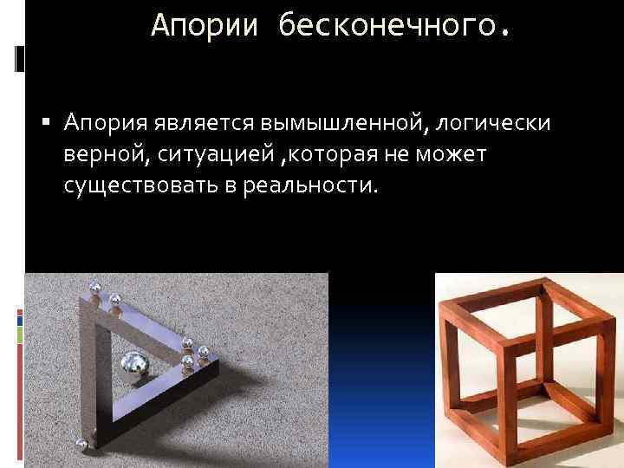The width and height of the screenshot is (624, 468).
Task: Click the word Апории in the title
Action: [x=205, y=25]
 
